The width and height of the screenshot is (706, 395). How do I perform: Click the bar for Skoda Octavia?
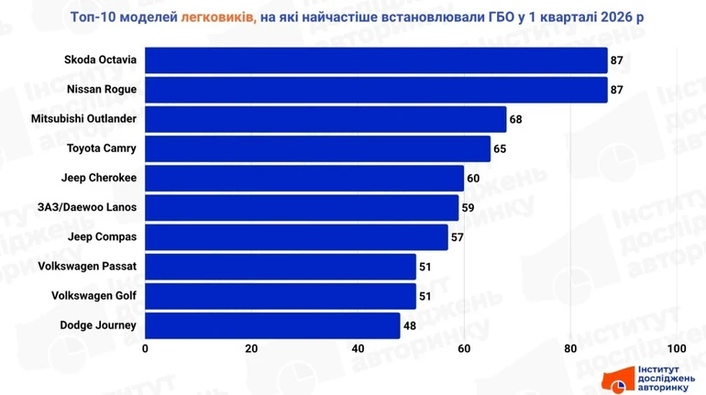tap(376, 60)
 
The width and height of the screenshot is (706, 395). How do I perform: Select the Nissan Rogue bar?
tap(376, 90)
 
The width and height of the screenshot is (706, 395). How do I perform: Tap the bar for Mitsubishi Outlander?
tap(325, 119)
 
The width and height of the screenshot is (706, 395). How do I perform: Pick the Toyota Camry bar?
tap(317, 148)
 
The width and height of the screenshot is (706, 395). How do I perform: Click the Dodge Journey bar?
tap(272, 324)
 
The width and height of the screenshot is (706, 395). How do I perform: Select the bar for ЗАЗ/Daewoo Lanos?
tap(302, 207)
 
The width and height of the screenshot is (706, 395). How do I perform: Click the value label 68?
tap(516, 119)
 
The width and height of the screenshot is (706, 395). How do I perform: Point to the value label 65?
tap(501, 148)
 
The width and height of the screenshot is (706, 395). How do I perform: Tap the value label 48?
tap(410, 324)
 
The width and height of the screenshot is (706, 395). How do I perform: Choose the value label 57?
tap(458, 236)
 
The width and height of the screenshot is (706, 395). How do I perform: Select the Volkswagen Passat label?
tap(90, 266)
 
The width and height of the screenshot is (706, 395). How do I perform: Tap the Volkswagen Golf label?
tap(95, 295)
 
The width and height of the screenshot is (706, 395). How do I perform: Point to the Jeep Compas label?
tap(103, 236)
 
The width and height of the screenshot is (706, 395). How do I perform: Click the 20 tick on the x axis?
tap(251, 349)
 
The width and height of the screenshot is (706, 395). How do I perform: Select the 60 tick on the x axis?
tap(464, 349)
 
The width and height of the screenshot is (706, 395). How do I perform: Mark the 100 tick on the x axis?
tap(677, 349)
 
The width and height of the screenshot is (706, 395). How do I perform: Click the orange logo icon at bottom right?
tap(614, 379)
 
